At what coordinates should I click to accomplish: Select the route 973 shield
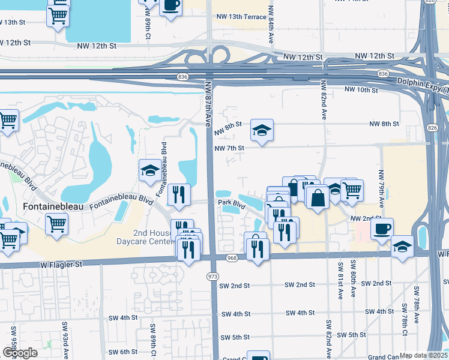coord(212,277)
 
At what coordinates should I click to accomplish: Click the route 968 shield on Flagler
coord(232,257)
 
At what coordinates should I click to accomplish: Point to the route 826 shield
coord(433,127)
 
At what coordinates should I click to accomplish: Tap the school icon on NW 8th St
coord(262,130)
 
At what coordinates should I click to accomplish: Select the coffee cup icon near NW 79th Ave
coord(382,229)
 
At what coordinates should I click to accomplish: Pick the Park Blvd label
coord(232,204)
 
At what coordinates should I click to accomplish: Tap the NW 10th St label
coord(361,89)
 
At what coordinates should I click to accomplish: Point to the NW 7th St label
coord(229,148)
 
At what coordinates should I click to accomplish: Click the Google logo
coord(19,353)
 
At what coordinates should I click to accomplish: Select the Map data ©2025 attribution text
coord(423,355)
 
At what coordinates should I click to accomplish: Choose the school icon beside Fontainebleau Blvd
coord(149,171)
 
